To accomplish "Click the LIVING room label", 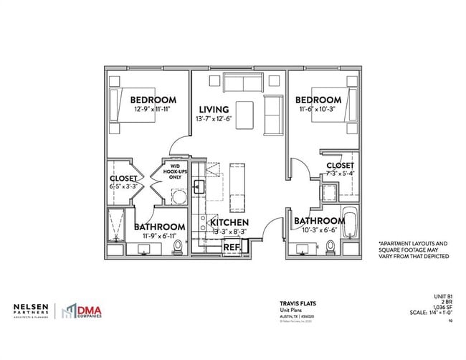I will click(x=214, y=110).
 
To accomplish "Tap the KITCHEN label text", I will click(x=229, y=223).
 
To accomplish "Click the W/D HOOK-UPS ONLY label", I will click(x=175, y=173).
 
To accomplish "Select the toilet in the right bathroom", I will click(x=330, y=247).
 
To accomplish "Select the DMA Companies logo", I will click(x=80, y=310).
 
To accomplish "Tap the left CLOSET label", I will click(x=124, y=179).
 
